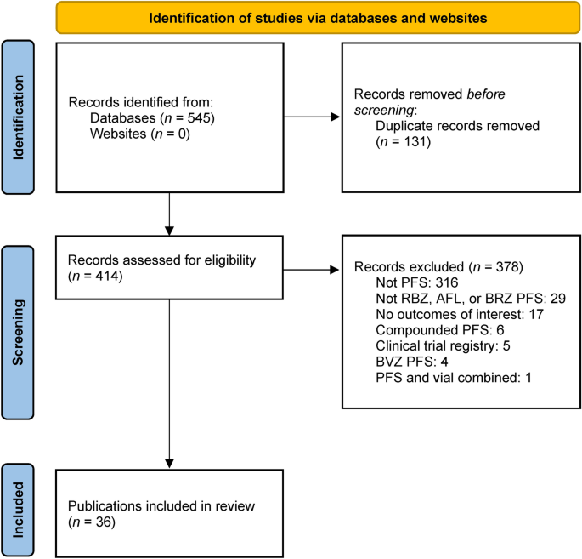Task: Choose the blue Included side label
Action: coord(20,501)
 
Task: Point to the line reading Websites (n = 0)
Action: coord(133,134)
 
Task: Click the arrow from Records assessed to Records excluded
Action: coord(311,271)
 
